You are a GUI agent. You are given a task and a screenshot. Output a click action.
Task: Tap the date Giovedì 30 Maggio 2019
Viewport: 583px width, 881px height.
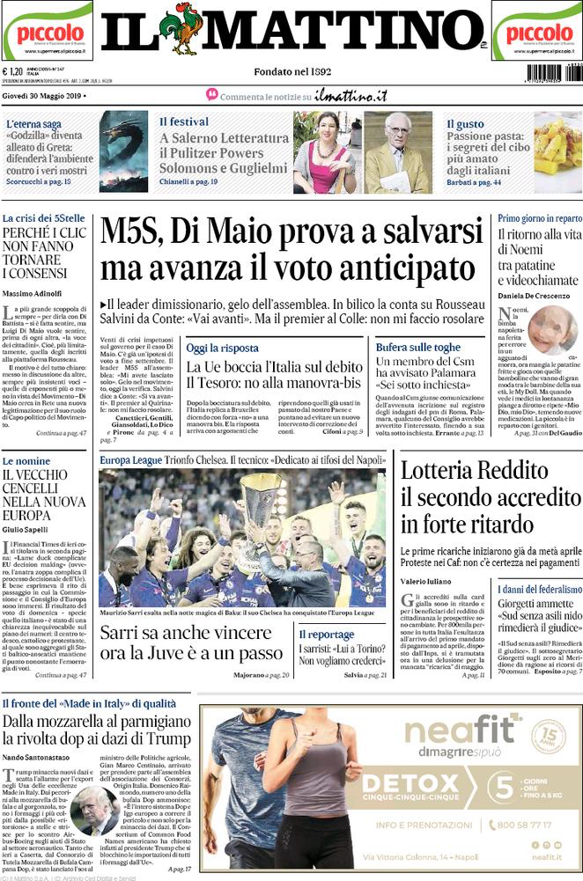43,95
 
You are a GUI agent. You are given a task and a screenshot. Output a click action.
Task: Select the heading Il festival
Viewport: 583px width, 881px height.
184,121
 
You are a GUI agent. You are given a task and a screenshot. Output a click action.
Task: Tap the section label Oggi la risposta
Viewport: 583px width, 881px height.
222,348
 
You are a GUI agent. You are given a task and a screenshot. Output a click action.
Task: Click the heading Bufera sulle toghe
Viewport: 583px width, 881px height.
417,348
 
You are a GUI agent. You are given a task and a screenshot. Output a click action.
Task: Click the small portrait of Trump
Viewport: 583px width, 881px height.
94,810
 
